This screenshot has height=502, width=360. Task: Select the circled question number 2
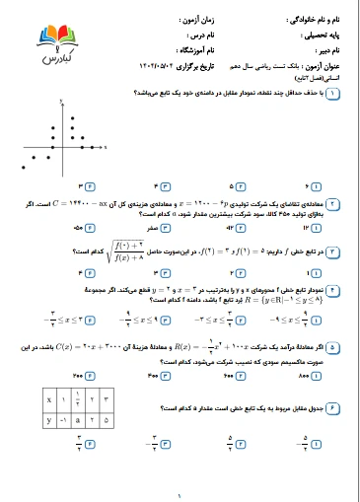(332, 202)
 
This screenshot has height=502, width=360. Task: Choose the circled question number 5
(332, 348)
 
